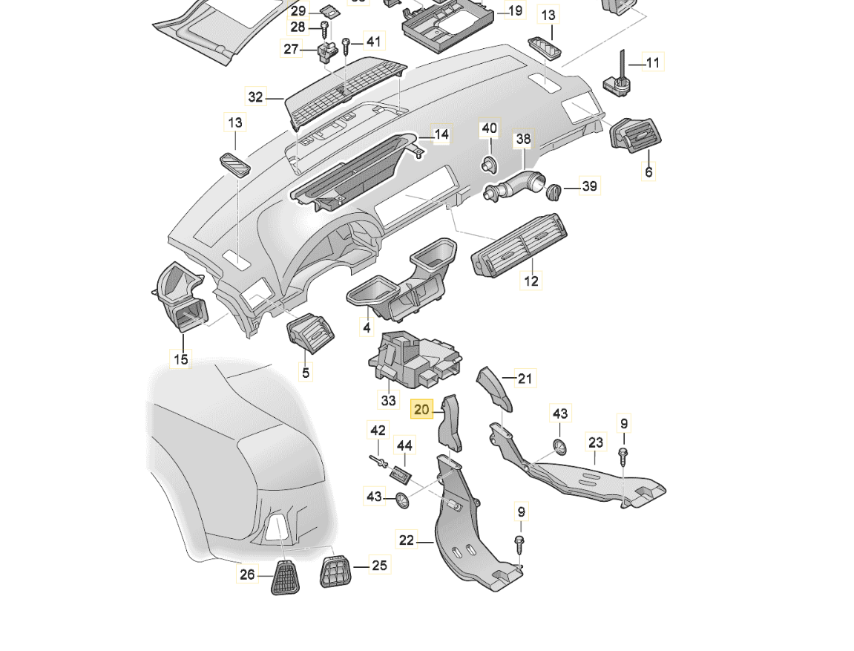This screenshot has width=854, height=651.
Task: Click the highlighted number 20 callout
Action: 421,409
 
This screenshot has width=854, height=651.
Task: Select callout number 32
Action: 255,96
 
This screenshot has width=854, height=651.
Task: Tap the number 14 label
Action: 441,135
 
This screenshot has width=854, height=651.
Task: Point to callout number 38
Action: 524,139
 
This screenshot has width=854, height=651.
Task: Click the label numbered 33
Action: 389,400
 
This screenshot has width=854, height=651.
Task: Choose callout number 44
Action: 404,445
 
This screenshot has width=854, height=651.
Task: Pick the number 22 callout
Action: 407,540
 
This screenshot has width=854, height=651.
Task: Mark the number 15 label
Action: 181,360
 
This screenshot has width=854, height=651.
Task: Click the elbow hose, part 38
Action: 516,184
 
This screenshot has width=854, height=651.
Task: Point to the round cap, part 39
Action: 554,192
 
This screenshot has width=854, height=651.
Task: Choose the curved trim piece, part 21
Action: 495,387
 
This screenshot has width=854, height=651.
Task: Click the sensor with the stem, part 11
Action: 618,79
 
